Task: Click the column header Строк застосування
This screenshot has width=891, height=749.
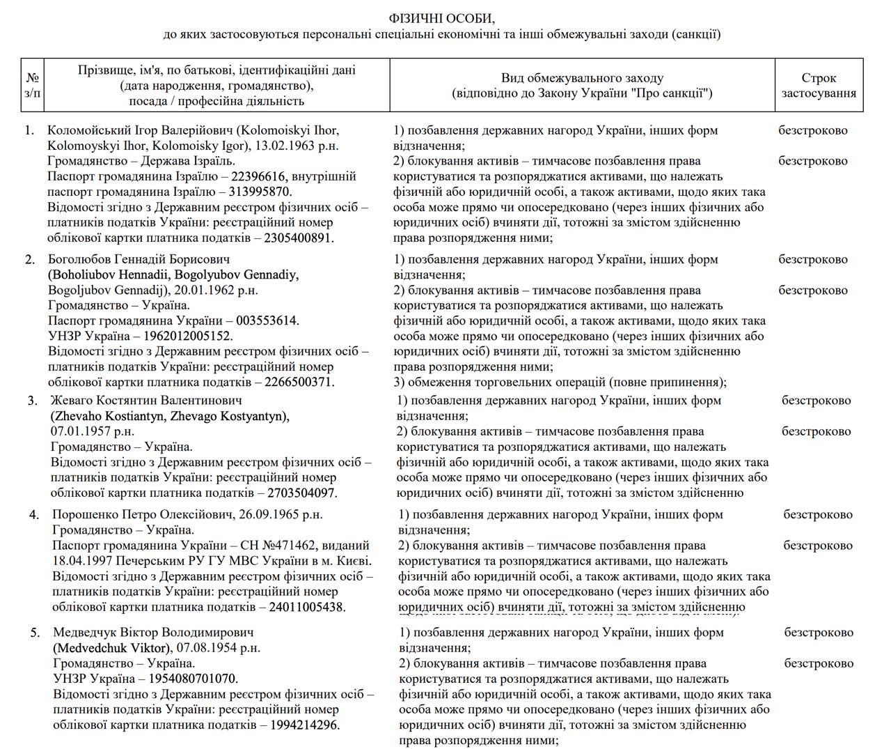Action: (x=819, y=86)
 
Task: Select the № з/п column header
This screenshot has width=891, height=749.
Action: (x=32, y=86)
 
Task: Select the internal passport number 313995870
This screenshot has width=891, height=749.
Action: (x=257, y=192)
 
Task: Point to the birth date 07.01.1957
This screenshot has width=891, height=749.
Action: (x=81, y=431)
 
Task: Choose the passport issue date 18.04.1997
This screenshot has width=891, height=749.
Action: (x=84, y=561)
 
